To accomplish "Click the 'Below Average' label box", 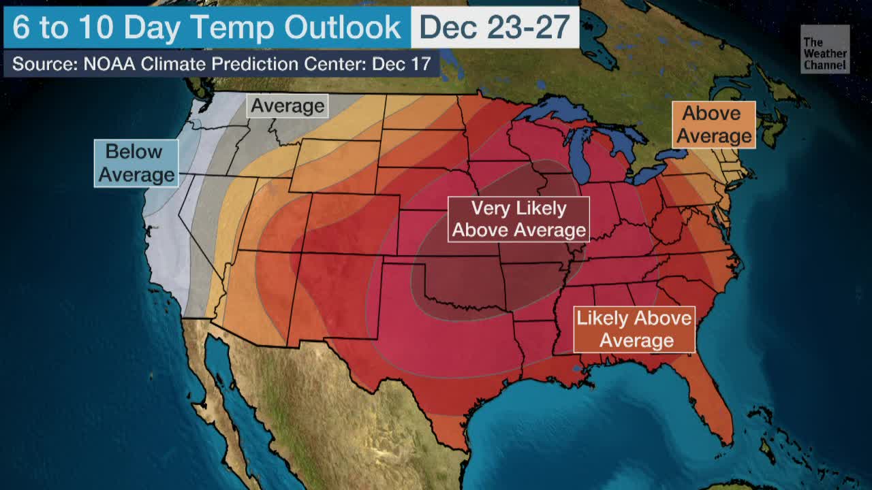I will click(x=136, y=163).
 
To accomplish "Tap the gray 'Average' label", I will click(x=287, y=106).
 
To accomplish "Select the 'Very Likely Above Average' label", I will click(x=518, y=219).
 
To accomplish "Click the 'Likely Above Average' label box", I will click(x=634, y=329).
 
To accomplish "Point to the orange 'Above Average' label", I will click(x=713, y=125).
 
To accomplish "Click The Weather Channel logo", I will click(x=824, y=49).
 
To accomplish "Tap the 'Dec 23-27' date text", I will click(x=495, y=27).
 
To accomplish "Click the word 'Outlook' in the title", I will click(x=343, y=27).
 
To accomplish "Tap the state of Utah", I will click(x=275, y=218).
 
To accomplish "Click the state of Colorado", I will click(x=351, y=225).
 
